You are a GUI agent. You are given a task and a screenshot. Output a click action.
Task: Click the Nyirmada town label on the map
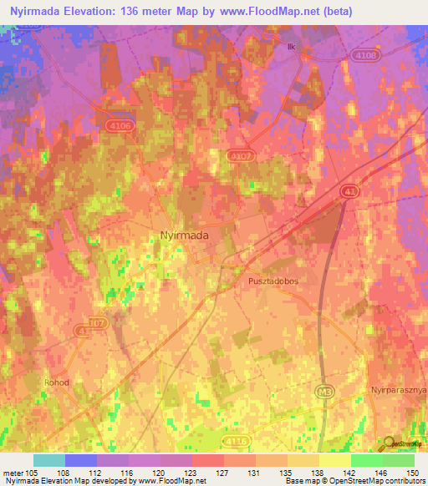click(x=184, y=235)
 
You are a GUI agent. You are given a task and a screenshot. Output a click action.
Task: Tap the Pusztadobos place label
click(x=273, y=281)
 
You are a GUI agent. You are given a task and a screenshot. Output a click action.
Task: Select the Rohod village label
click(x=81, y=382)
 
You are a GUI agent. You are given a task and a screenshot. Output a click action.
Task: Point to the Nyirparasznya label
click(x=399, y=390)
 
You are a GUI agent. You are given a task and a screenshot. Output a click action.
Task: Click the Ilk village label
click(x=291, y=48)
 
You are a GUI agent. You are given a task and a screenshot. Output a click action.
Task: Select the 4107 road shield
click(x=240, y=154)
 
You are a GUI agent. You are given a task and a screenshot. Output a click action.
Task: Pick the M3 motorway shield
click(x=325, y=390)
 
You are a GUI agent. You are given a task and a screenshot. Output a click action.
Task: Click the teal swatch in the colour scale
click(x=49, y=460)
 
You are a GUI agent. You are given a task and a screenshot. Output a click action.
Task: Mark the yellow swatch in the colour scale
click(x=334, y=460)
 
